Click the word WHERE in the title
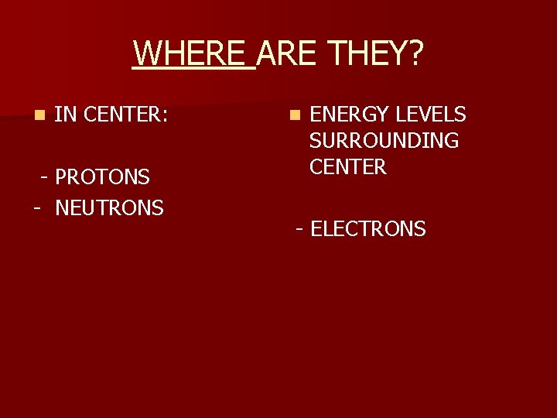(193, 54)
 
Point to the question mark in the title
(415, 54)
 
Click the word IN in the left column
(65, 115)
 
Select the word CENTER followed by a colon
(123, 115)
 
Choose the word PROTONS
(103, 177)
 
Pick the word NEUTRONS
(109, 207)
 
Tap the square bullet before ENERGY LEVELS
(293, 116)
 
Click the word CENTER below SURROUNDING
(347, 166)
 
